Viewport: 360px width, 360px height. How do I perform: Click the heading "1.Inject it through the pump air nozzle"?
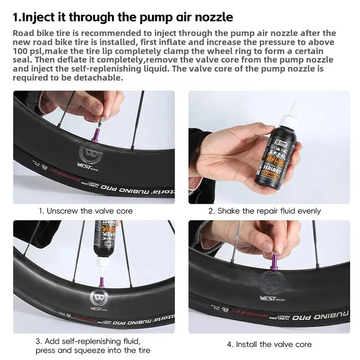point(123,18)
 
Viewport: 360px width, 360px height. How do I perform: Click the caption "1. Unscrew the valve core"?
point(85,211)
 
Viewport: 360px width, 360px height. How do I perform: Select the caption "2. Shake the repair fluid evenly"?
point(264,211)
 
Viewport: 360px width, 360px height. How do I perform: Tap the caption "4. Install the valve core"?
point(269,344)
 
